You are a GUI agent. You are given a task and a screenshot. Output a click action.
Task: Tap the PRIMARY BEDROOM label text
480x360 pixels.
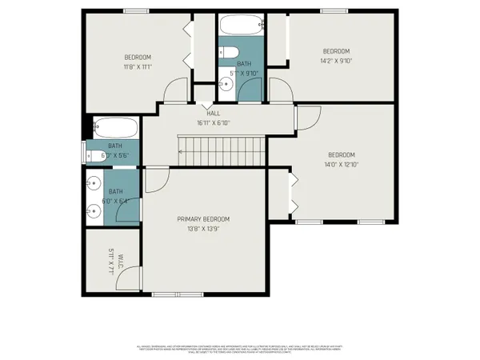(203, 219)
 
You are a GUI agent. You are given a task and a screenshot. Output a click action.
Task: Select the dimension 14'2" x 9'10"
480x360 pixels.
(336, 60)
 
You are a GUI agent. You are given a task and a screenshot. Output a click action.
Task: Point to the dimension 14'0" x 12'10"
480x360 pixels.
(342, 165)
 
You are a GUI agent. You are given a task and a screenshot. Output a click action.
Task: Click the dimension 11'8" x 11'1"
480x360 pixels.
(138, 67)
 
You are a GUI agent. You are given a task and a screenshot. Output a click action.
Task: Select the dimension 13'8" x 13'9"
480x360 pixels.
(203, 229)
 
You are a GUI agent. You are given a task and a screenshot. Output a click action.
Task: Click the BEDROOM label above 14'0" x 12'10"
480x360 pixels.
(342, 155)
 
